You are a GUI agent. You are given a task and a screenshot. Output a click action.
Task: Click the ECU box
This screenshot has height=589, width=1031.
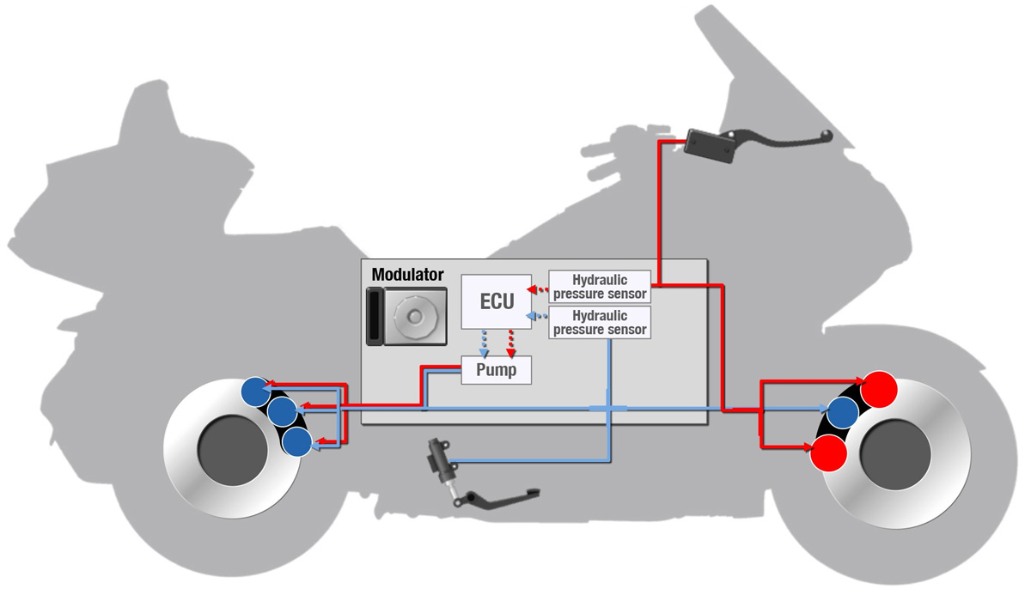497,301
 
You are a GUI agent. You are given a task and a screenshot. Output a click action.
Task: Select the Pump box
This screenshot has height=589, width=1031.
496,371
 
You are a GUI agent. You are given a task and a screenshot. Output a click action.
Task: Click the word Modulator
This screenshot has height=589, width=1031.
408,275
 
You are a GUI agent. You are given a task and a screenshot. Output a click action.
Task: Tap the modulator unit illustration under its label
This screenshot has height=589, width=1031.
406,316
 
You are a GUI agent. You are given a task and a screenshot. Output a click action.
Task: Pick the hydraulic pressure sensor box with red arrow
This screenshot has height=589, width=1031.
599,287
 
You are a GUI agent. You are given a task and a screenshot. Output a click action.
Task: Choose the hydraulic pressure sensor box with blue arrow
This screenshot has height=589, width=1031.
599,322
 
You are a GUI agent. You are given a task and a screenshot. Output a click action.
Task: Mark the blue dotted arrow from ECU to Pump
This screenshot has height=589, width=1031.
485,342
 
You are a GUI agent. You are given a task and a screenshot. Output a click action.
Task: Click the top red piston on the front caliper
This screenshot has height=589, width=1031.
880,389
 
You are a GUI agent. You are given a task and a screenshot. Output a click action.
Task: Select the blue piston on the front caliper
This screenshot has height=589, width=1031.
844,415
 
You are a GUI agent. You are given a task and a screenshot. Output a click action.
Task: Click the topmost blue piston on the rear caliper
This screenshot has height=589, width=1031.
255,392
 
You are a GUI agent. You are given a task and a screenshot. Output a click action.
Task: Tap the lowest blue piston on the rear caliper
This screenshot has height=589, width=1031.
296,442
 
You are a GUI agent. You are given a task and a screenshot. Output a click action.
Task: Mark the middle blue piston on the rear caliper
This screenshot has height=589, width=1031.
282,413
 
